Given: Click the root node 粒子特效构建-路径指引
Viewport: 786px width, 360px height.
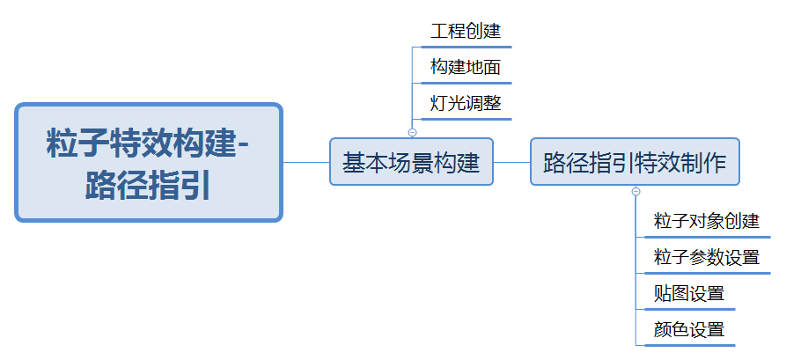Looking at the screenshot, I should pyautogui.click(x=149, y=163).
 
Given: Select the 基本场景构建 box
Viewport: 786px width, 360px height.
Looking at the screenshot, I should pyautogui.click(x=411, y=162).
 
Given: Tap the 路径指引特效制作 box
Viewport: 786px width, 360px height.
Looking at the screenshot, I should pyautogui.click(x=635, y=162).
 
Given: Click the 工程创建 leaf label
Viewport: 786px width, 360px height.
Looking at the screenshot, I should pyautogui.click(x=466, y=32).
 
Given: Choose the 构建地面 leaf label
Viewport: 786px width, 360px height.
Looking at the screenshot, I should pyautogui.click(x=466, y=68).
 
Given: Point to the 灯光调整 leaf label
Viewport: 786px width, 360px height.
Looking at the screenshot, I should pyautogui.click(x=466, y=103).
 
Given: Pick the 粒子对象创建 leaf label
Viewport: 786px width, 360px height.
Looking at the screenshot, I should pyautogui.click(x=706, y=221).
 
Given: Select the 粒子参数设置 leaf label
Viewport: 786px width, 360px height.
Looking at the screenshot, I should pyautogui.click(x=706, y=258).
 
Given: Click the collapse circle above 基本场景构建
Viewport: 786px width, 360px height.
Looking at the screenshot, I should pyautogui.click(x=412, y=132).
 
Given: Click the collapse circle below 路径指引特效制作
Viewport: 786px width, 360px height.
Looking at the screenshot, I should pyautogui.click(x=635, y=191).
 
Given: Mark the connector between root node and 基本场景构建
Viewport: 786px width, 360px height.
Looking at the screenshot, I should pyautogui.click(x=306, y=162).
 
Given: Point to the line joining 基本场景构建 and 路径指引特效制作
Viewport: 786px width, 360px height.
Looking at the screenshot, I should pyautogui.click(x=511, y=162).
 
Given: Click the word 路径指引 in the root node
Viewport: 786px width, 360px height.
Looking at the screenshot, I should pyautogui.click(x=148, y=186).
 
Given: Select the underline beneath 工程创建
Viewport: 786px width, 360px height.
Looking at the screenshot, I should pyautogui.click(x=466, y=45).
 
